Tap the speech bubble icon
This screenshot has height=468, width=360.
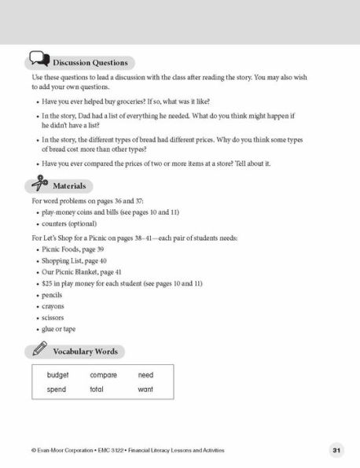(x=39, y=60)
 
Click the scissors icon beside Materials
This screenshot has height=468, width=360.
(x=38, y=184)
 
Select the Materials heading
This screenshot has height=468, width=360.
(x=70, y=186)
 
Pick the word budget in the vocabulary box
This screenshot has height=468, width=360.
(x=58, y=376)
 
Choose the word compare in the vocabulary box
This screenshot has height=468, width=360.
(x=103, y=376)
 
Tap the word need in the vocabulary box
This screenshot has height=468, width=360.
(x=145, y=376)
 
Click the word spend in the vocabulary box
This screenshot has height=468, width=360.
(x=57, y=389)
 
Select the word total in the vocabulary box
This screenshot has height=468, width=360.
(x=97, y=389)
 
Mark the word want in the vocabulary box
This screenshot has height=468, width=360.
(x=145, y=389)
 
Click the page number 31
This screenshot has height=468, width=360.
(x=336, y=450)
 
